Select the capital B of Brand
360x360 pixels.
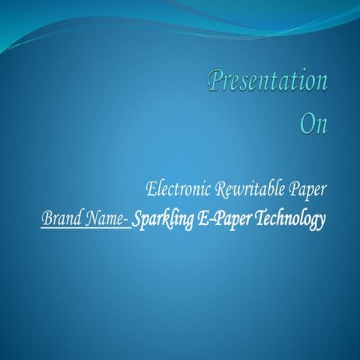pos(46,219)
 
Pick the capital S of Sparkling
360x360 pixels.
pos(138,219)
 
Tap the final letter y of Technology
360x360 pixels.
pos(322,223)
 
